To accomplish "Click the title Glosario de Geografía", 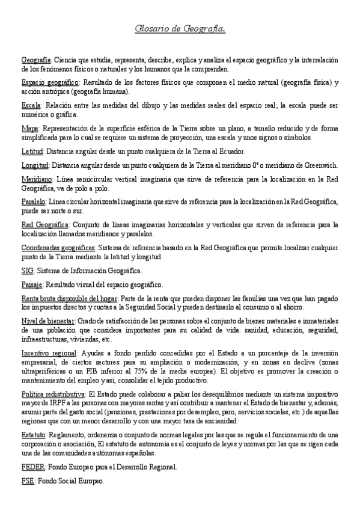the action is [x=180, y=28].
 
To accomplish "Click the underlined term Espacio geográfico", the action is [x=50, y=81].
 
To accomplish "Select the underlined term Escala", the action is [x=31, y=105].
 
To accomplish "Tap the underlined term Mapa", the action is [x=29, y=128].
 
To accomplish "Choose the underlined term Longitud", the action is [x=35, y=165].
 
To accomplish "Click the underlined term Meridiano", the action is [x=37, y=179].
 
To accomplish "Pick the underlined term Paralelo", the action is [x=34, y=201].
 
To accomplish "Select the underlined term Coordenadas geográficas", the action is [x=58, y=247].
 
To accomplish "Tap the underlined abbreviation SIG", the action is [x=27, y=271].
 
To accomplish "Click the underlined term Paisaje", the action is [x=32, y=284].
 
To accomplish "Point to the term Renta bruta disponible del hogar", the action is [x=69, y=298].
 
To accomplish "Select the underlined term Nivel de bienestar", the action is [x=47, y=321].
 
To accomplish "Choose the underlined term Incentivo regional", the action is [x=48, y=352].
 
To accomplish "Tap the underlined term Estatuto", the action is [x=34, y=434].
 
